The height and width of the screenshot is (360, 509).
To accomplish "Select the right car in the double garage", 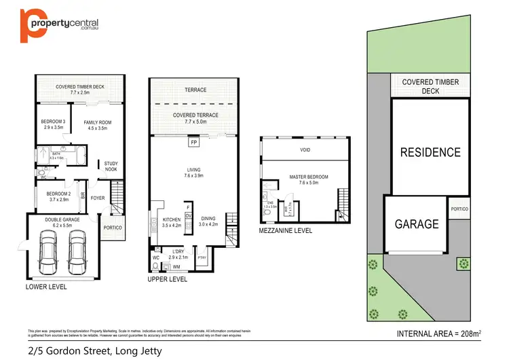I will coord(77,251).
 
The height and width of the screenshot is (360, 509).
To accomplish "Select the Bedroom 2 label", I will coord(53,196).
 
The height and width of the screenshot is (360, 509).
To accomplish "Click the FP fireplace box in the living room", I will coord(193,143).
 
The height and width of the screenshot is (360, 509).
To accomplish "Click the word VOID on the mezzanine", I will coord(304,149).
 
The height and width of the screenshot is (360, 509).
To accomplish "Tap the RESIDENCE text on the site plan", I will coord(430,152).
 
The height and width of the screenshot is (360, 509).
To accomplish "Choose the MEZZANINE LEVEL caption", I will coord(286,231).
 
